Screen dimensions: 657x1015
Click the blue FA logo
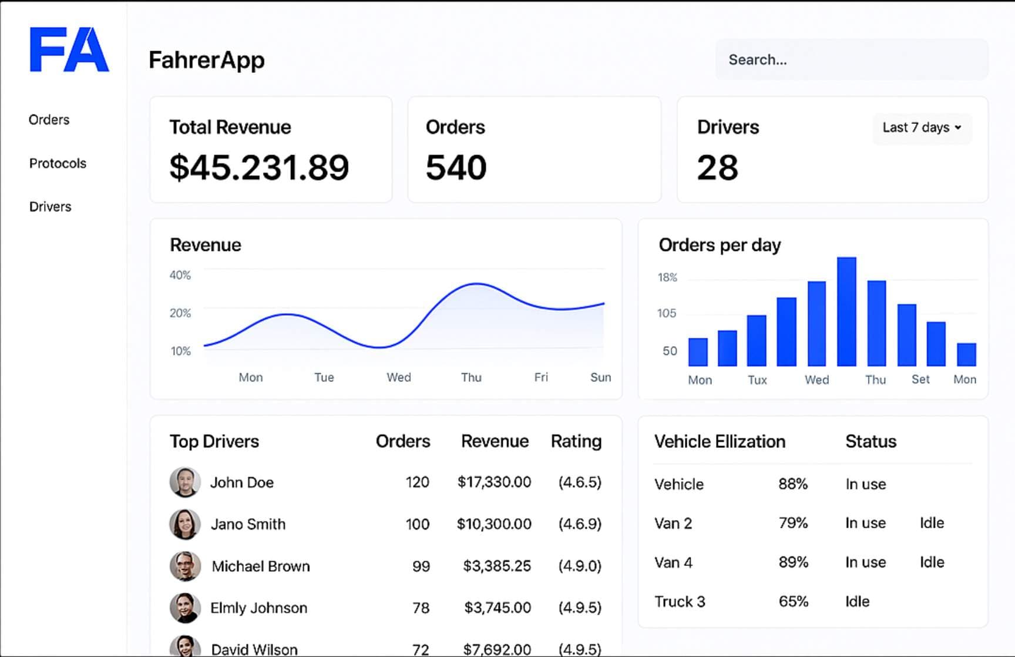click(x=69, y=49)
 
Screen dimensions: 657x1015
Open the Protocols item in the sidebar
click(x=58, y=163)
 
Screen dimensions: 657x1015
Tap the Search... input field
click(x=851, y=59)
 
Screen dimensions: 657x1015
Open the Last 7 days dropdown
click(x=922, y=128)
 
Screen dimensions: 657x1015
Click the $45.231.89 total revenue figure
click(x=259, y=167)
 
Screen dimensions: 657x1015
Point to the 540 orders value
click(x=456, y=167)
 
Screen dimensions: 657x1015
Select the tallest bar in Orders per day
click(x=846, y=311)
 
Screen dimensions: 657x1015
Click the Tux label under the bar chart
click(x=757, y=380)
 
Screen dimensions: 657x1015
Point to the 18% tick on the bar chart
click(x=667, y=277)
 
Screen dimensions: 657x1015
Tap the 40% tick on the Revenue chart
click(x=180, y=275)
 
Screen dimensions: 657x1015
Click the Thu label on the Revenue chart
click(x=471, y=377)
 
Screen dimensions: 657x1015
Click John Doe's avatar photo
click(x=185, y=482)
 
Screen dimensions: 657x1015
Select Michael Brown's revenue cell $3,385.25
click(x=496, y=566)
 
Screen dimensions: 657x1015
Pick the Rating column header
click(x=576, y=441)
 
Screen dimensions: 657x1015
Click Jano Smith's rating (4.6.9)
click(x=579, y=524)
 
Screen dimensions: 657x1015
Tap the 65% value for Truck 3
click(x=793, y=601)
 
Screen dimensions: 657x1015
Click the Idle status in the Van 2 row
click(x=932, y=523)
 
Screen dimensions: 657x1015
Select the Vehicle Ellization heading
click(x=720, y=441)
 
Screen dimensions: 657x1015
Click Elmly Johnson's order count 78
click(x=421, y=608)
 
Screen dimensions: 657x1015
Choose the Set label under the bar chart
click(x=920, y=380)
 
